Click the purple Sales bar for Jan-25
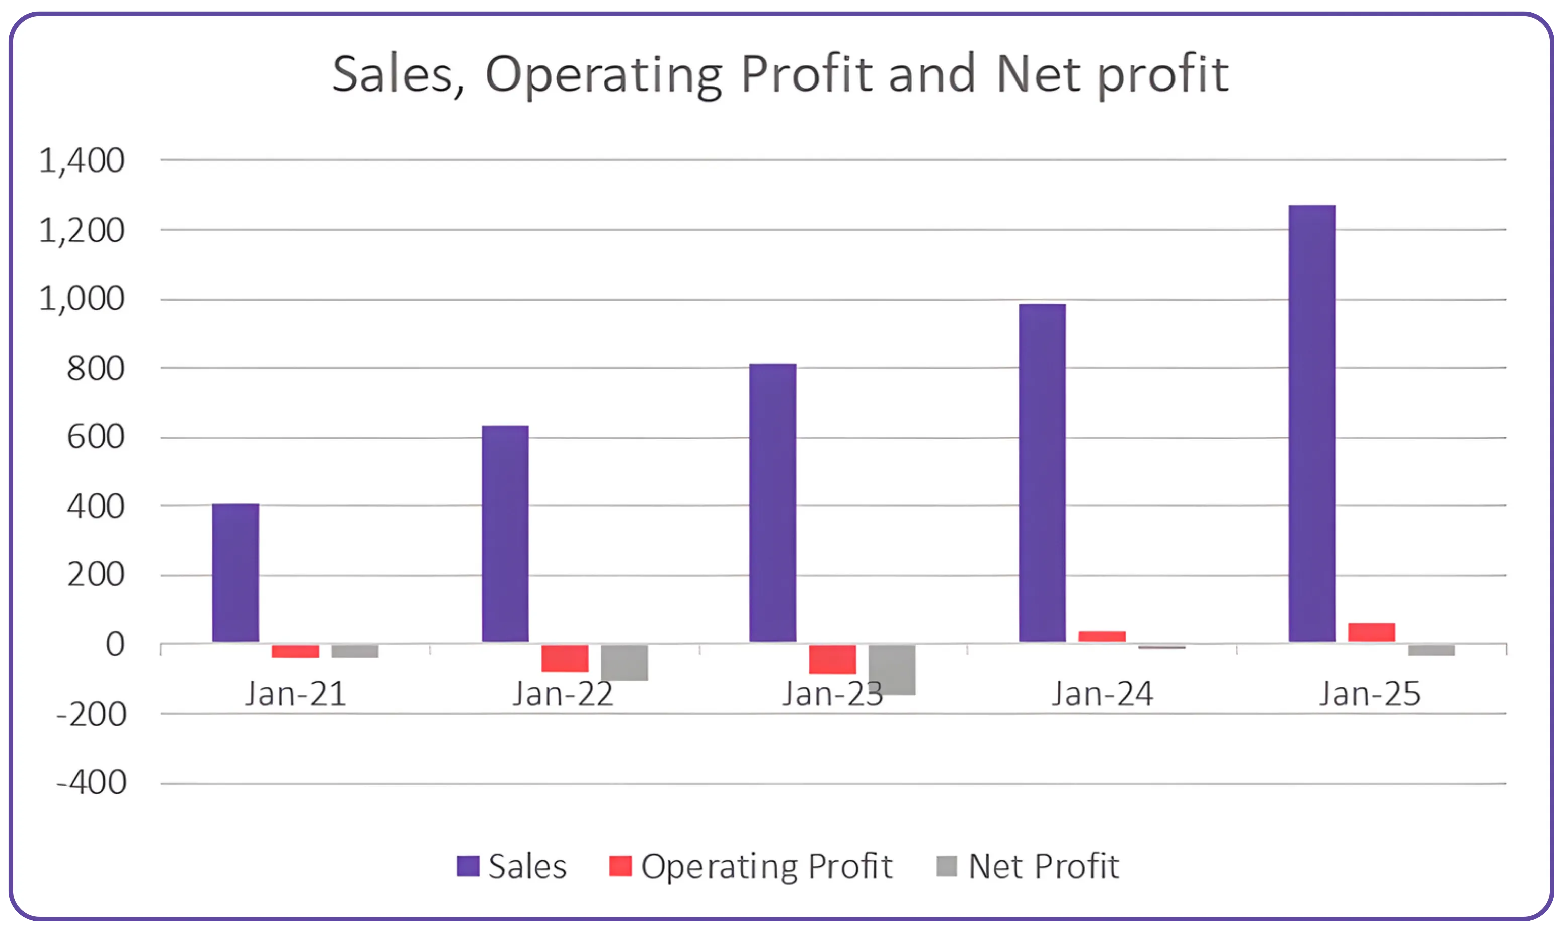[x=1311, y=424]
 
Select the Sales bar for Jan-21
[x=236, y=573]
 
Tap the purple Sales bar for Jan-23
[x=772, y=502]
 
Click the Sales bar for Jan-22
[x=505, y=534]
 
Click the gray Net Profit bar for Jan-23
[x=892, y=669]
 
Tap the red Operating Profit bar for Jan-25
[x=1372, y=632]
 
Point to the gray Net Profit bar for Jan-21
[x=354, y=651]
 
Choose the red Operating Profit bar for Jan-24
[x=1102, y=636]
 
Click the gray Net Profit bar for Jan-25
[x=1431, y=650]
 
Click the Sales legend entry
[x=511, y=867]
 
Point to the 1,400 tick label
[x=82, y=160]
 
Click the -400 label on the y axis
[x=92, y=783]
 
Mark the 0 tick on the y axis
[x=115, y=644]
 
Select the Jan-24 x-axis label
[x=1102, y=694]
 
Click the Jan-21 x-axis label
[x=295, y=694]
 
